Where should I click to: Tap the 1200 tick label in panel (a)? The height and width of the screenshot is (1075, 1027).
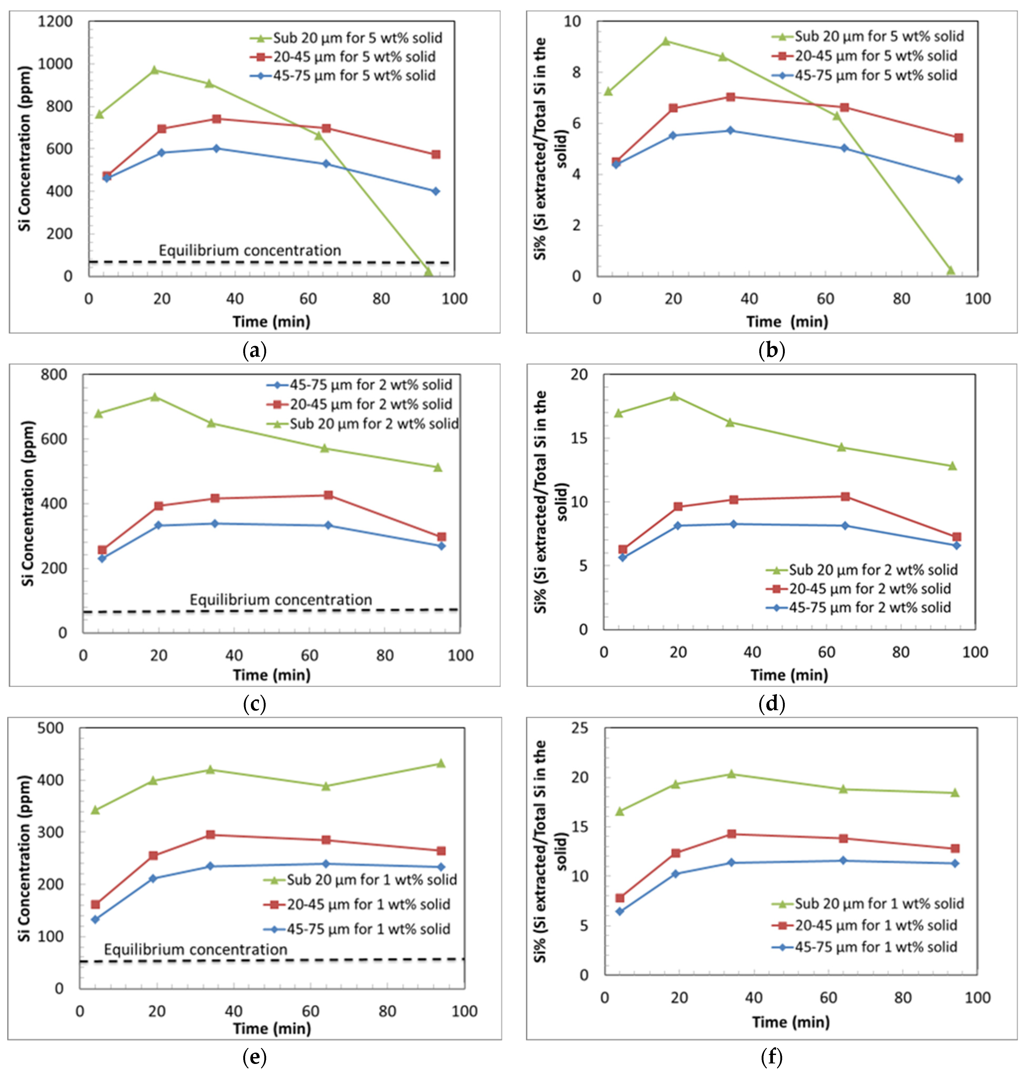pos(55,21)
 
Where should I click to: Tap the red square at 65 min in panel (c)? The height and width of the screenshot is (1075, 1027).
pos(328,495)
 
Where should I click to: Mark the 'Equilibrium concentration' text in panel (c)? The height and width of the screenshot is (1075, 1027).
pos(281,600)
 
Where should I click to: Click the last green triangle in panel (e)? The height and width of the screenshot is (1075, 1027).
pos(441,763)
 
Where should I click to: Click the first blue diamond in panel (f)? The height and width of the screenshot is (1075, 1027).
pos(620,912)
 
